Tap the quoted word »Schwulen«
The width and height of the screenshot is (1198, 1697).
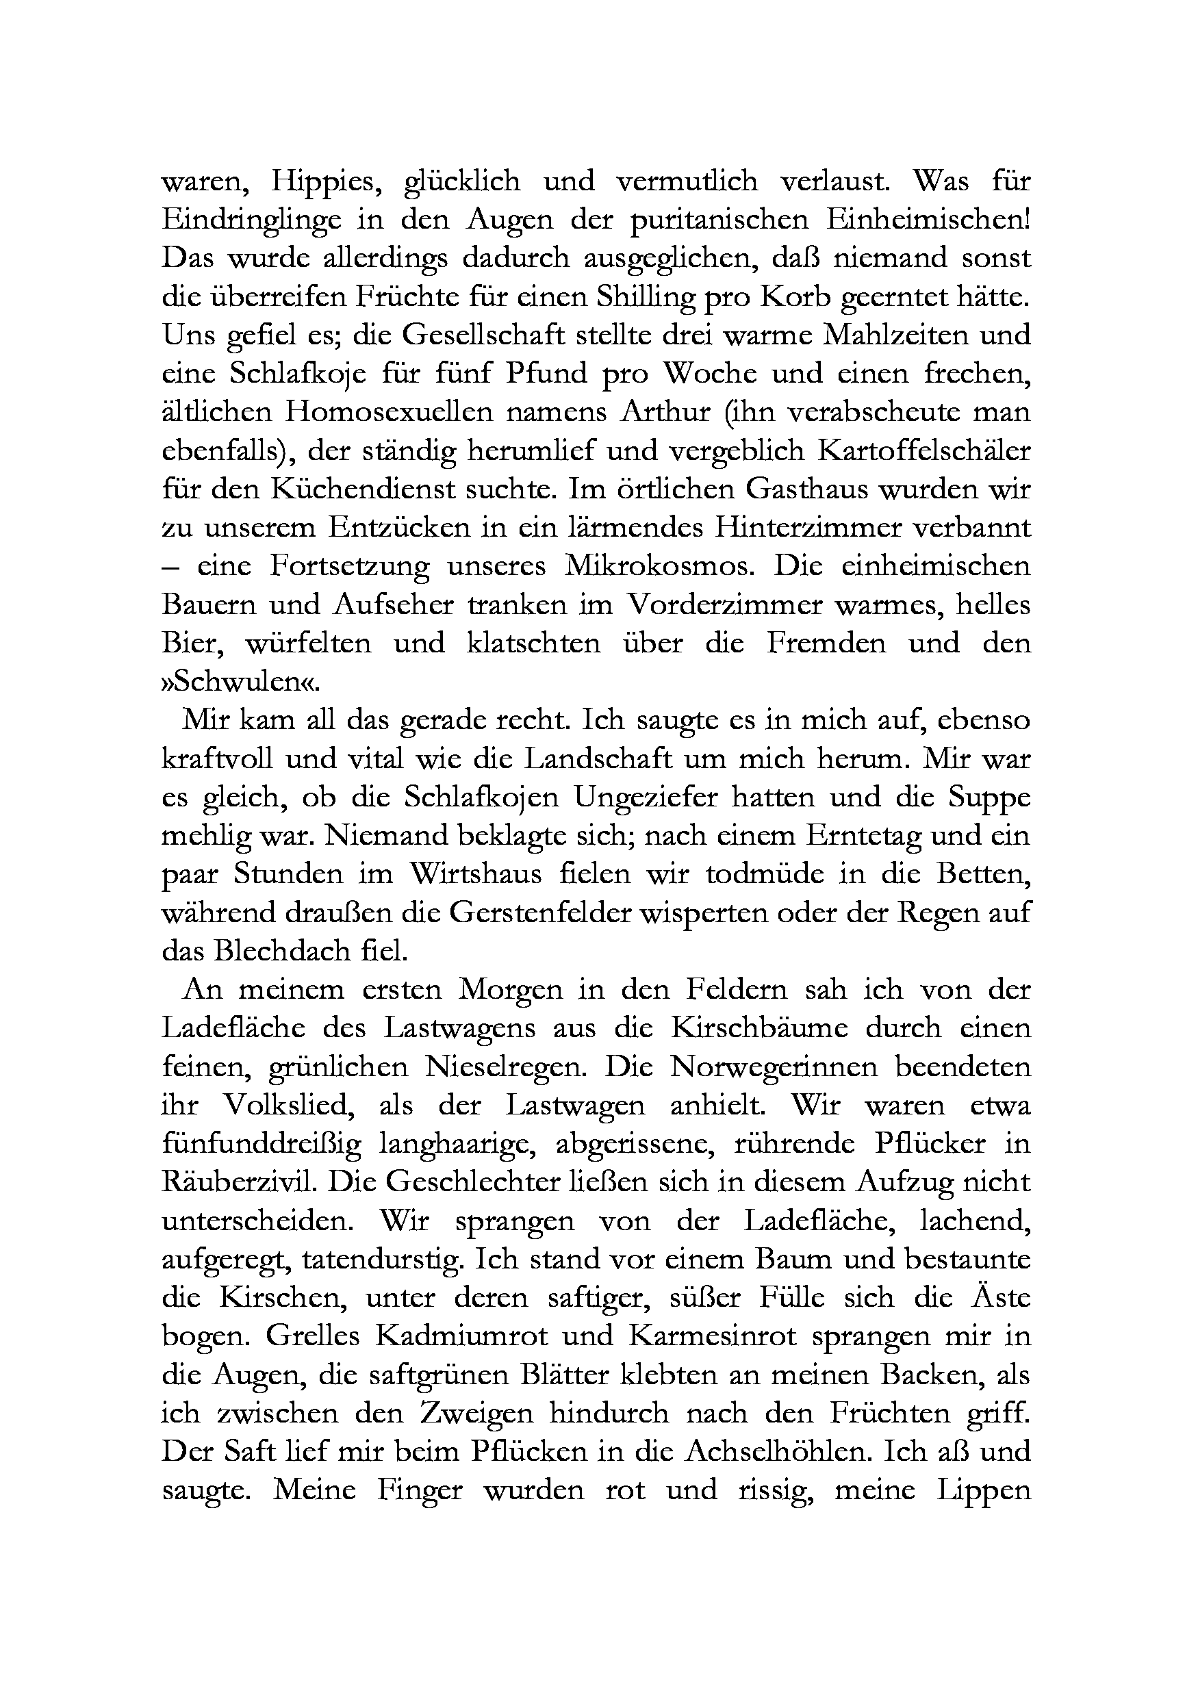point(242,681)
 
